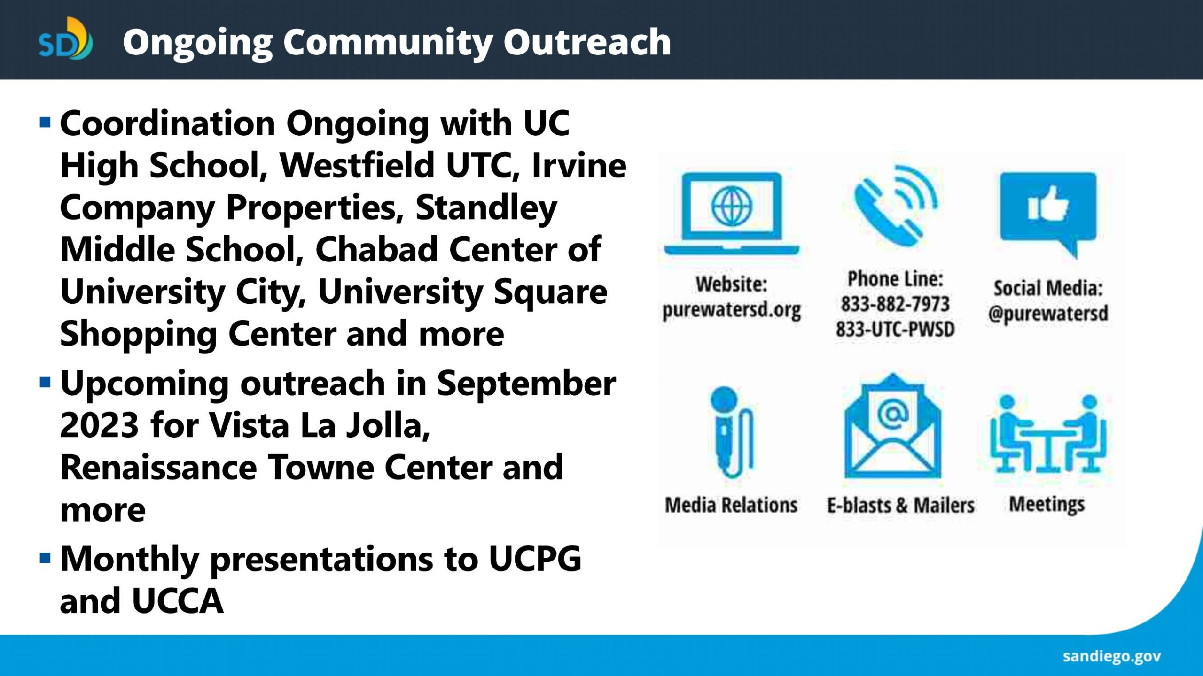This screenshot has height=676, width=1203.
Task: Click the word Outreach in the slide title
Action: (x=587, y=42)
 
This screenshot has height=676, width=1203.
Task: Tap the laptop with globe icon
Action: (x=732, y=214)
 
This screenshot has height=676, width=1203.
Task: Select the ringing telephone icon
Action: (x=896, y=206)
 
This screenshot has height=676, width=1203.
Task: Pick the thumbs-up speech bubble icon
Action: (x=1048, y=214)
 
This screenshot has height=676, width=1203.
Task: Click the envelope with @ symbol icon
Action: (x=893, y=426)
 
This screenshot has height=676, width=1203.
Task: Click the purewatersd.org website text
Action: (x=732, y=310)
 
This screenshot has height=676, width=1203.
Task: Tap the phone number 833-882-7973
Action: (x=895, y=304)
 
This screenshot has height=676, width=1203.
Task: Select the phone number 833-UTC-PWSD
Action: (x=895, y=329)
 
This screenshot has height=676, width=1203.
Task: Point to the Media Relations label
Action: (x=731, y=505)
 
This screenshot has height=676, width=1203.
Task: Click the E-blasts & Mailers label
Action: (x=901, y=505)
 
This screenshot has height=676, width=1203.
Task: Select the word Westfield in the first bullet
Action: (x=357, y=165)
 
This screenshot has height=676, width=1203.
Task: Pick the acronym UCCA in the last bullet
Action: (x=178, y=601)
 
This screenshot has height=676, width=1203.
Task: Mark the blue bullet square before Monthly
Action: (x=45, y=559)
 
